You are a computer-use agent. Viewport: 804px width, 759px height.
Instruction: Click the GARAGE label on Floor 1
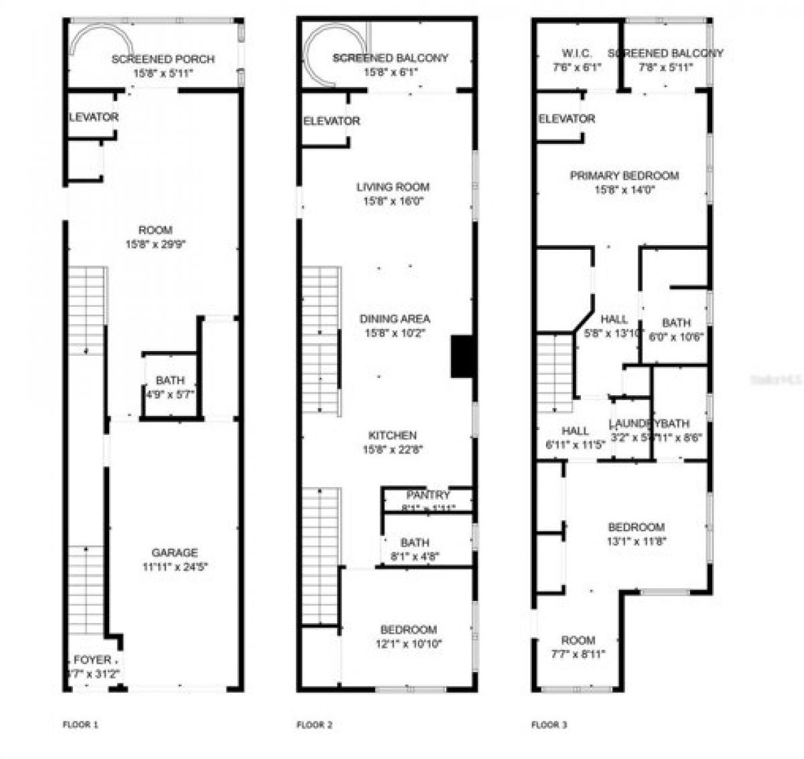[174, 553]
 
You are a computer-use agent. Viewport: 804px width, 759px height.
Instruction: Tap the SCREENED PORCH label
[163, 59]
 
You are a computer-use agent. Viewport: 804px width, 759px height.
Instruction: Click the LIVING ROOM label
[393, 187]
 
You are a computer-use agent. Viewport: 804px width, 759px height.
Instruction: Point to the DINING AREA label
[395, 319]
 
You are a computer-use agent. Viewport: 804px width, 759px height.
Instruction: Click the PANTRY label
[428, 495]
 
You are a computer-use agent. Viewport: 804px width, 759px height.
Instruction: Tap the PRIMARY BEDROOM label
[624, 176]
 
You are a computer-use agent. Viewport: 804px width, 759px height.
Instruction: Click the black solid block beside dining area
[462, 356]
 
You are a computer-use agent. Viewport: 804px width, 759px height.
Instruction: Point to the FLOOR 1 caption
[80, 724]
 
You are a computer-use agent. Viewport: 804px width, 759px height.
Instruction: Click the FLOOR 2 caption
[314, 724]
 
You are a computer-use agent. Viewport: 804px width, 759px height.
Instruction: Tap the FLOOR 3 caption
[549, 724]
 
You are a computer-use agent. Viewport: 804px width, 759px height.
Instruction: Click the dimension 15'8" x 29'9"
[156, 245]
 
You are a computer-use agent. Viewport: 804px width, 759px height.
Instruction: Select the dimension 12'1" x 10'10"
[408, 644]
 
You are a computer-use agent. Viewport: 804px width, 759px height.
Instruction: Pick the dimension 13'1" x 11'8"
[636, 541]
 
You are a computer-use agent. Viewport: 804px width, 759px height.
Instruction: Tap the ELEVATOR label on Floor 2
[331, 121]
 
